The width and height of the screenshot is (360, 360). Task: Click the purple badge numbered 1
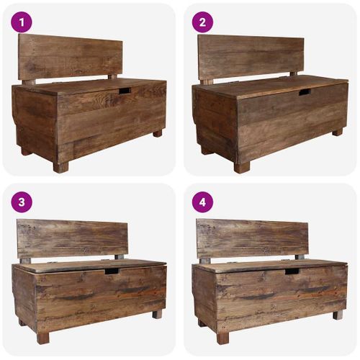22,22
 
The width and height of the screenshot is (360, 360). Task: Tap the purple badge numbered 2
202,22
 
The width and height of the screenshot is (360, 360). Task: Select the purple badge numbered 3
22,202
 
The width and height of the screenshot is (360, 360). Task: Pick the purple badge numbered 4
202,202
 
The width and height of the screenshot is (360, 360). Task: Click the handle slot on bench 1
125,91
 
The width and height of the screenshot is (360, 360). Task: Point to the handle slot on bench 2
305,92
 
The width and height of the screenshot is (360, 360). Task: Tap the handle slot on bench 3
112,271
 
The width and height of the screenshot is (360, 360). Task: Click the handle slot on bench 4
292,271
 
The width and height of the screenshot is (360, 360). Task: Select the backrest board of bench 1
70,57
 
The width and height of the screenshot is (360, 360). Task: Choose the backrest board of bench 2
251,56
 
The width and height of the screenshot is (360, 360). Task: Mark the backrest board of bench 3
71,238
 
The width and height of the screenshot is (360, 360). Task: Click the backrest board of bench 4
251,238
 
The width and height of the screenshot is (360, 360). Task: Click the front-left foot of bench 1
61,167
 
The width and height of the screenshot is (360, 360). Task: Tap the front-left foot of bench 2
241,167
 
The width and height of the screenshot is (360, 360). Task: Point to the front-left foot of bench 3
43,337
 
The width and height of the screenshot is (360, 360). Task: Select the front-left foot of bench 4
223,337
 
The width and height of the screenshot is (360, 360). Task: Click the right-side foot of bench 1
158,133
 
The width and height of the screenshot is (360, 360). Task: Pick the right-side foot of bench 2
337,132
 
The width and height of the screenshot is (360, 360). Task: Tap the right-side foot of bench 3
157,314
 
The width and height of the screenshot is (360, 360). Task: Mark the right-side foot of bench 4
337,314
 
